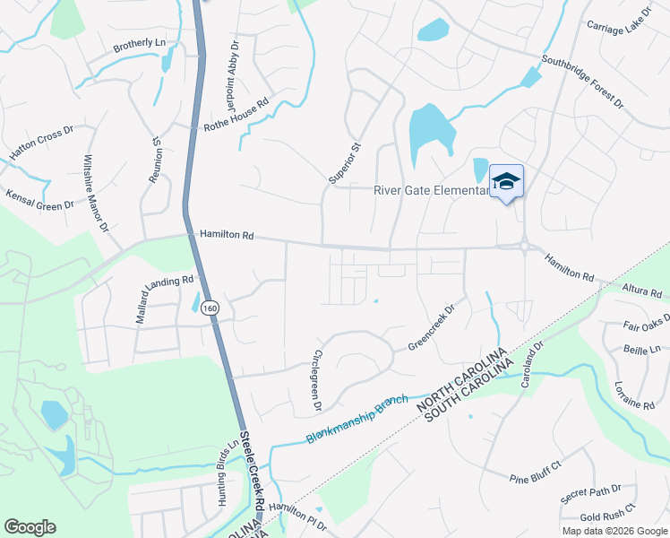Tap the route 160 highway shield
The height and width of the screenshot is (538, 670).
(210, 308)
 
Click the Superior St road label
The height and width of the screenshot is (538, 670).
(344, 163)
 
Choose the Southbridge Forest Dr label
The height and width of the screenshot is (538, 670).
(582, 82)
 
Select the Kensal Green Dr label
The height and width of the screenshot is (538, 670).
(40, 199)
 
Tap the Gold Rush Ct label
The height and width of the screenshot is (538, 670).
(607, 512)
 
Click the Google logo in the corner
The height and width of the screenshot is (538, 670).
(30, 527)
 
